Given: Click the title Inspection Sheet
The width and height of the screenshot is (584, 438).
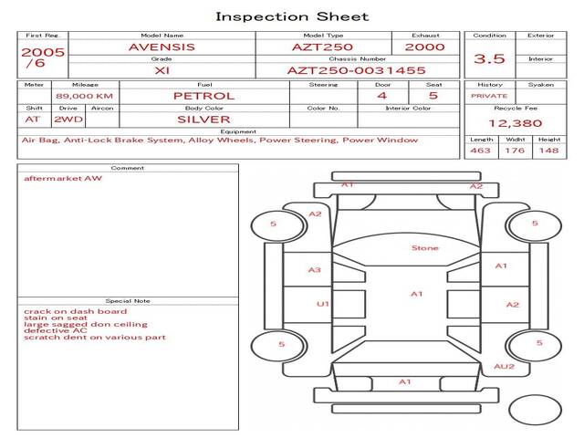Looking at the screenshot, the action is tap(292, 16).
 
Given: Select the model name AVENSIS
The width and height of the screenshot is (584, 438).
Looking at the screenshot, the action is tap(162, 47).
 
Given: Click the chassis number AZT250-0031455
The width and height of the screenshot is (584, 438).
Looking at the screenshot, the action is tap(357, 70).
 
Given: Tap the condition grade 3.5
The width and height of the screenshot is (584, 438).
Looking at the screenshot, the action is tap(489, 58).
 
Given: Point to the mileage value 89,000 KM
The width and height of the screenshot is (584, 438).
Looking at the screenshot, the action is tap(85, 96).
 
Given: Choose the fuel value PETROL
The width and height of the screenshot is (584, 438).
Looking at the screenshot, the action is tap(204, 96).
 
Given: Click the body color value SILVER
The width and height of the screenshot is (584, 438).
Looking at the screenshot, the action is tap(203, 120).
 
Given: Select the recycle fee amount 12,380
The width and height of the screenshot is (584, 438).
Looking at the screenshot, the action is tap(515, 123).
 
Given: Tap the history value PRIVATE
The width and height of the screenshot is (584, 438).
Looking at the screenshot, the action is tap(489, 96).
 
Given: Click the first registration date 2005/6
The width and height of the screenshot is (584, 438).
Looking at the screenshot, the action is tap(43, 57).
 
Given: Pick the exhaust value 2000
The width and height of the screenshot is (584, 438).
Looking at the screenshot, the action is tap(424, 47).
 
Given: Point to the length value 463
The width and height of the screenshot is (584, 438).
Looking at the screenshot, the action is tap(480, 151).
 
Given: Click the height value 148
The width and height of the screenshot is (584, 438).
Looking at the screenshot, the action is tap(548, 151).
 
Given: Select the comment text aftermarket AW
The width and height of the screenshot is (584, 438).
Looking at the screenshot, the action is tap(63, 179).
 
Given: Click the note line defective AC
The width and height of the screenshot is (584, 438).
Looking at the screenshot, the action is tap(55, 330).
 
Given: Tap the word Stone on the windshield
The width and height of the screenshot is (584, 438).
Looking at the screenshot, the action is tap(425, 248).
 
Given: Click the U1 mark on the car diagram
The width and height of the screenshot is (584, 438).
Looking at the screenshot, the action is tap(322, 304).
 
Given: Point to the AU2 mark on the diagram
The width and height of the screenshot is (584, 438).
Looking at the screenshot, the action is tap(505, 367).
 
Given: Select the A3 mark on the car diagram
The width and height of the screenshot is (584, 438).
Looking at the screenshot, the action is tap(314, 270).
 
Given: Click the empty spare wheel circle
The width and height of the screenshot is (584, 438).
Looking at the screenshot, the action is tap(535, 395).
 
